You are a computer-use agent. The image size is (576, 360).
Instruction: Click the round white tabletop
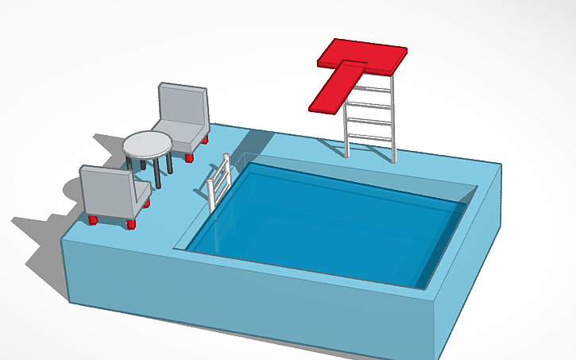tap(148, 145)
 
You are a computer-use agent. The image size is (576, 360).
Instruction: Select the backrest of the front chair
tap(105, 192)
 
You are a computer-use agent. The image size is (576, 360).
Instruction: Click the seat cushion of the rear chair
tap(178, 137)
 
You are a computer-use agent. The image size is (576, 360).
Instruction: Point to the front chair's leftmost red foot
tap(93, 219)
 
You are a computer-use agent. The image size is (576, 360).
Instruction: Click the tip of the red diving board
tap(323, 104)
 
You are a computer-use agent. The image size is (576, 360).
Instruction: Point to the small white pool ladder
tap(218, 181)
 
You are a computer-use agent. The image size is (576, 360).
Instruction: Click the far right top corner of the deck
tap(501, 165)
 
